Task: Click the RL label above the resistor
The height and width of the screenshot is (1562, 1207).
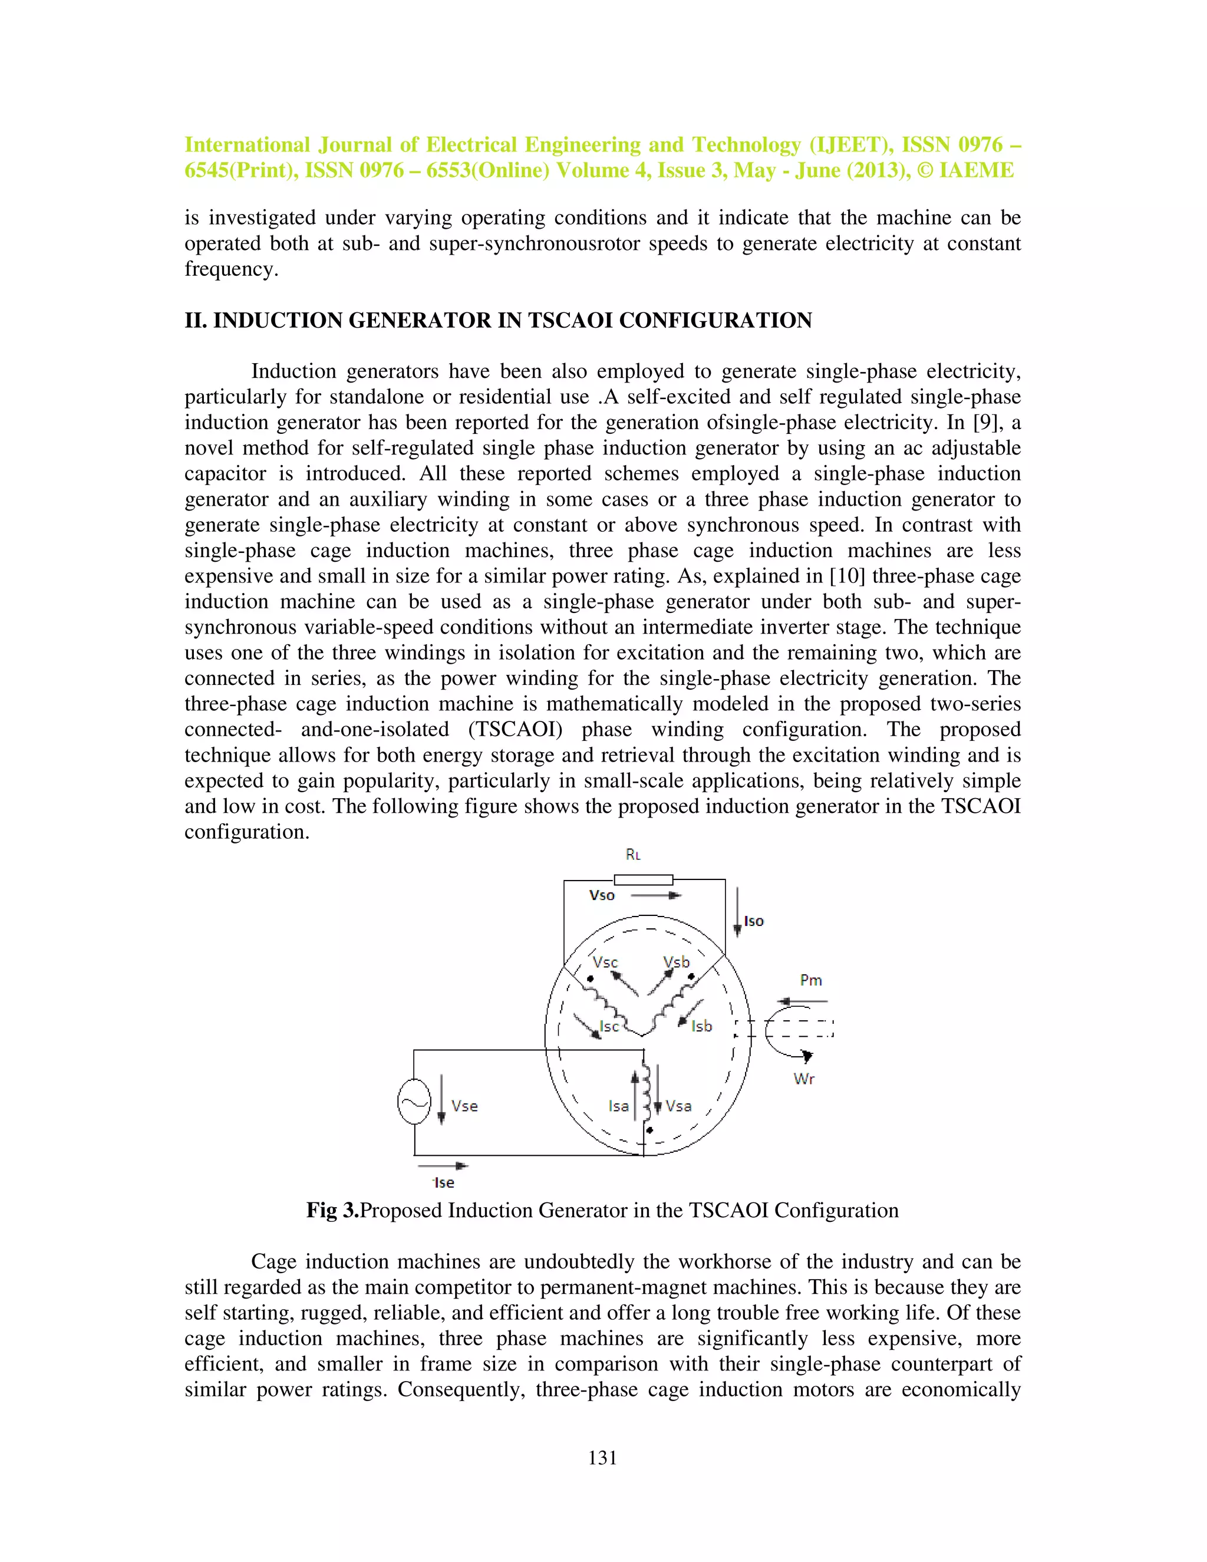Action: (633, 855)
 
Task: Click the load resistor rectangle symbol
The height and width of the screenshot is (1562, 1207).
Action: (644, 879)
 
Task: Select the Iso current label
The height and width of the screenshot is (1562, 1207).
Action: (754, 921)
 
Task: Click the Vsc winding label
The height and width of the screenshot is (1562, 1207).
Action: (605, 962)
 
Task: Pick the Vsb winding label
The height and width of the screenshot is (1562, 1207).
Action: (676, 962)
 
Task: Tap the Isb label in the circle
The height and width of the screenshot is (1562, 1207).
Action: (701, 1026)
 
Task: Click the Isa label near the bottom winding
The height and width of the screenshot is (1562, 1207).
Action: (618, 1106)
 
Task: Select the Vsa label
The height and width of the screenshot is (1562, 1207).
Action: (678, 1106)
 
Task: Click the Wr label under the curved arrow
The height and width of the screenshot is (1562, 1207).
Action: (804, 1079)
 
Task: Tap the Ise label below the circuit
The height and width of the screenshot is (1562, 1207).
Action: (444, 1183)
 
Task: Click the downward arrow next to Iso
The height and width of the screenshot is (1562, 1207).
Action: (737, 912)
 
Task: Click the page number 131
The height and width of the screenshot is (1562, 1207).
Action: (602, 1458)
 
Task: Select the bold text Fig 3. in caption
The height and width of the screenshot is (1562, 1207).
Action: (332, 1210)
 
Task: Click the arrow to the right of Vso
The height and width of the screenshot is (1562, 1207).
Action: (657, 895)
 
